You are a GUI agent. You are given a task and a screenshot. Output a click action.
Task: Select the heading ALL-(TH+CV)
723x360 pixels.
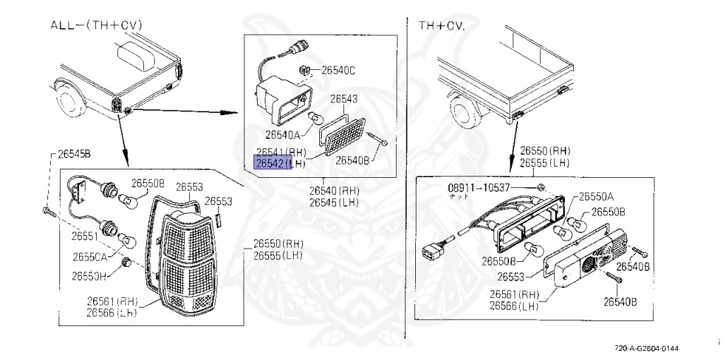click(97, 25)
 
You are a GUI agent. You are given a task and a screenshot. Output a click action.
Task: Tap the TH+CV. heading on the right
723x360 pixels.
click(441, 25)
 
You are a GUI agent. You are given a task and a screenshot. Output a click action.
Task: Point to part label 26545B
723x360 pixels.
click(76, 153)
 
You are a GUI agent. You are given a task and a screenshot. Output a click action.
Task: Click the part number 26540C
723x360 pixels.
click(338, 70)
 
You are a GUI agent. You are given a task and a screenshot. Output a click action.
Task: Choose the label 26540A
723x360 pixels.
click(284, 133)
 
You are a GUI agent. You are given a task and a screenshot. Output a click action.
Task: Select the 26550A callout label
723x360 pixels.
click(596, 196)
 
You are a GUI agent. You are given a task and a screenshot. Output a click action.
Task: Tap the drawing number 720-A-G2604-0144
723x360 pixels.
click(647, 349)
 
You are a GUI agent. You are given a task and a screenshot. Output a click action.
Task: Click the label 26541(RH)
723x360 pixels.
click(281, 152)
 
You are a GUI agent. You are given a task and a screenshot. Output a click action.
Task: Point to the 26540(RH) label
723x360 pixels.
click(334, 191)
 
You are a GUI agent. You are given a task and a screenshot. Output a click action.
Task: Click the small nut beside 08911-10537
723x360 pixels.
click(540, 187)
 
